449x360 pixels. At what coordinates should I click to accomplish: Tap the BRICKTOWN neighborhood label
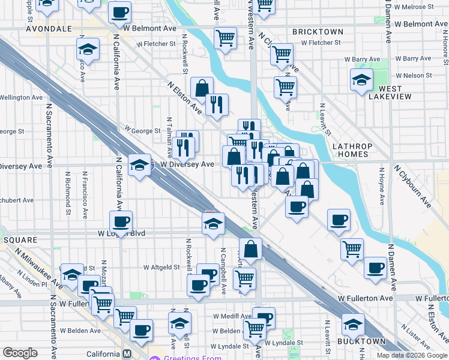click(318, 31)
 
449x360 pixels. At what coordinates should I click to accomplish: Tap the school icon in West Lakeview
click(361, 79)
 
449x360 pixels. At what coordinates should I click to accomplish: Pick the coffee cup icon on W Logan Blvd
click(121, 221)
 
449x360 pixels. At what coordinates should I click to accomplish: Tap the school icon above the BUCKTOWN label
click(353, 325)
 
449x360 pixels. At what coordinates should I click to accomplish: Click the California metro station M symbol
click(127, 354)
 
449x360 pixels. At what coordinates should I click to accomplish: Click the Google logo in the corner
click(19, 353)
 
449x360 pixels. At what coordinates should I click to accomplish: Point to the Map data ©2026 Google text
click(412, 355)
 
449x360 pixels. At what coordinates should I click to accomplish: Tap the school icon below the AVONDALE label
click(88, 50)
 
